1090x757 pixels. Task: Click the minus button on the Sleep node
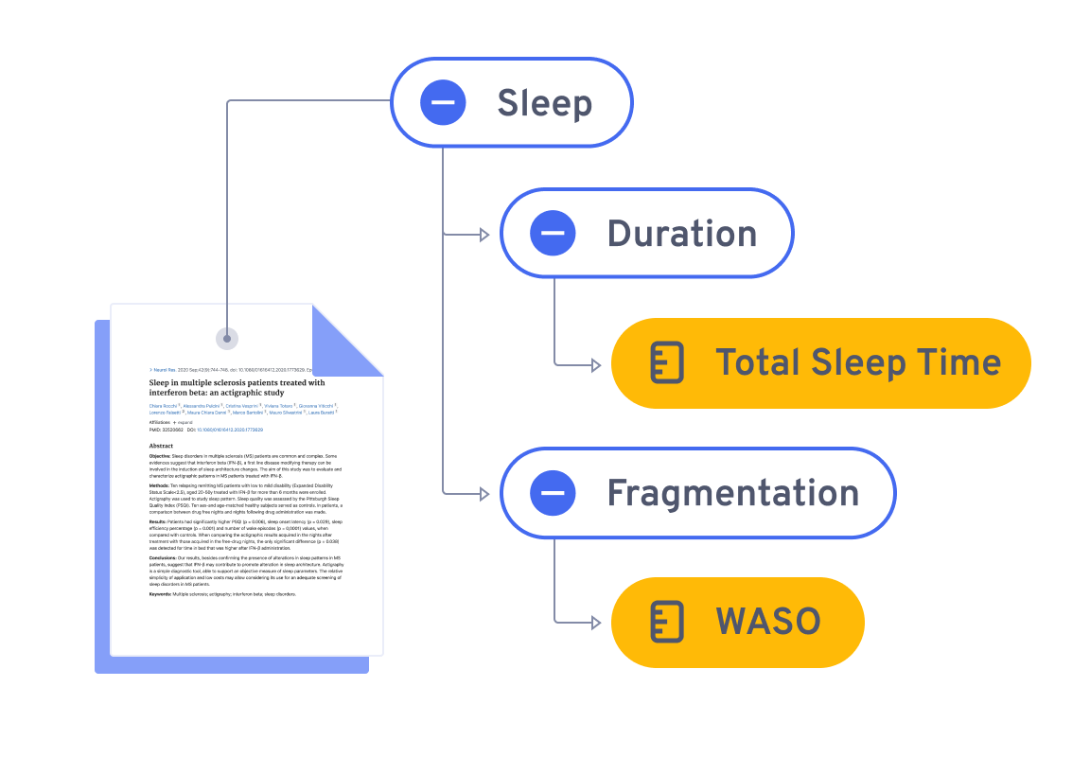point(443,102)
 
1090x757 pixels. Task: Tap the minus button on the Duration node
point(553,233)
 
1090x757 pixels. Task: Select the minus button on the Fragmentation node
point(553,492)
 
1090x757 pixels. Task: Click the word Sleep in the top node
point(544,103)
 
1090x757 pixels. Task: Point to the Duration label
point(681,234)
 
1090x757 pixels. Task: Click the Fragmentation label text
point(732,493)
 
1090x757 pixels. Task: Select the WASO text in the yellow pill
point(767,621)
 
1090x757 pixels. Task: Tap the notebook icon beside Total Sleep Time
point(667,362)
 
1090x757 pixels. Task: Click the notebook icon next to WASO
point(667,621)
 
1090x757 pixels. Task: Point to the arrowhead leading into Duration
point(484,234)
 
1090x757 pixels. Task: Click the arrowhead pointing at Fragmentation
point(484,493)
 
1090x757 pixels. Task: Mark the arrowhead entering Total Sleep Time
point(595,364)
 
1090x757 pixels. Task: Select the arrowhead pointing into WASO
point(595,623)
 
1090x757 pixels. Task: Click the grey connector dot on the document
point(227,338)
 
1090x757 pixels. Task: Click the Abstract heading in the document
point(161,445)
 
